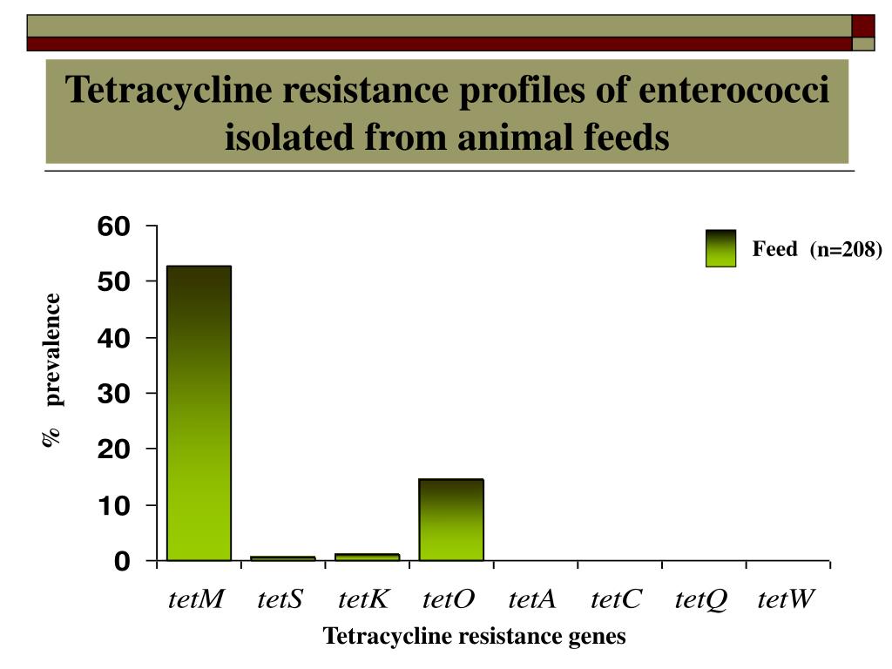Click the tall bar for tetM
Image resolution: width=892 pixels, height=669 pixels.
pos(199,413)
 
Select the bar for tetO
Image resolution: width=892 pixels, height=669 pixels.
pos(450,519)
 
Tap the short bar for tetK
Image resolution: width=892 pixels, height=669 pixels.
pos(367,557)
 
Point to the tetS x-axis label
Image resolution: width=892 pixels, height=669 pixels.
pos(280,599)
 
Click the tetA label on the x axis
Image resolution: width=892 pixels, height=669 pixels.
pos(532,599)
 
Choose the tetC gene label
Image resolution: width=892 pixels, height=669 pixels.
pos(616,599)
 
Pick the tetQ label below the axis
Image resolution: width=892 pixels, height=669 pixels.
pos(700,599)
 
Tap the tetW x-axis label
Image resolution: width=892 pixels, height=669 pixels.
pos(786,599)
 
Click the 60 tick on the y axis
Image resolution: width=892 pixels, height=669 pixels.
pos(113,226)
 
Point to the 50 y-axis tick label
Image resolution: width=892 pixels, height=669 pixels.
pos(113,282)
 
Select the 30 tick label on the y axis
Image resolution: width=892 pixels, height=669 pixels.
pos(113,394)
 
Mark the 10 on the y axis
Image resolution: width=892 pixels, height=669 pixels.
pos(113,505)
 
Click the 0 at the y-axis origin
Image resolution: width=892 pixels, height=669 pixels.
pos(121,562)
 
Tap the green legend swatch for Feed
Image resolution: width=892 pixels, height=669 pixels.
pos(720,248)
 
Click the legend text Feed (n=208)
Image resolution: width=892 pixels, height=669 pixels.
pos(817,250)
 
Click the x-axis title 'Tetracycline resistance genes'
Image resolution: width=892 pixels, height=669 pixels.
pos(475,637)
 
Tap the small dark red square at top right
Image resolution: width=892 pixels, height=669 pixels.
pos(862,26)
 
